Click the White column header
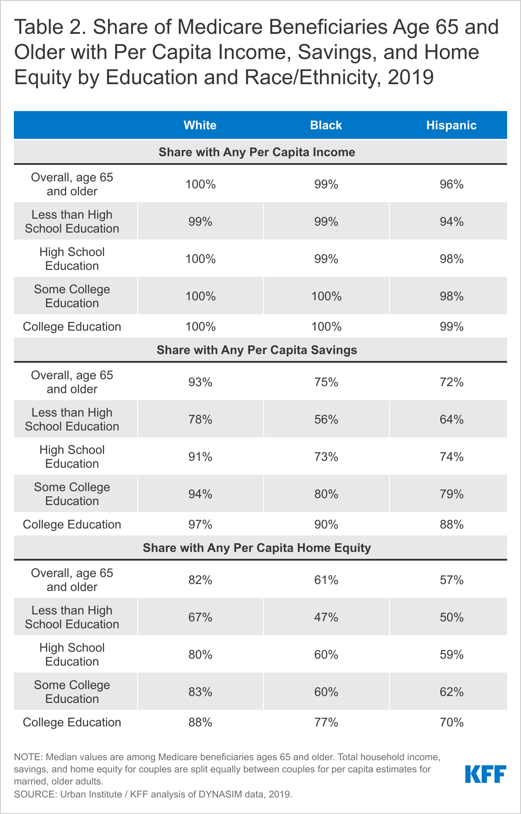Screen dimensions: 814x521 coord(200,125)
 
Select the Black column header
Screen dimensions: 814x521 coord(326,125)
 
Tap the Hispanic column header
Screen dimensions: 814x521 coord(451,125)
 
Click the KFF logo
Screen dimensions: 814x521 coord(485,774)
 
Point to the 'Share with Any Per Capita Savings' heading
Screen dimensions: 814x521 coord(257,350)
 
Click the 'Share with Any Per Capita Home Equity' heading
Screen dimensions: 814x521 coord(257,548)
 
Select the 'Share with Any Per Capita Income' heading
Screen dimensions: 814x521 coord(257,152)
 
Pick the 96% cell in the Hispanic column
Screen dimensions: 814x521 coord(452,184)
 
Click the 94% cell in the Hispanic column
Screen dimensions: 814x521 coord(452,222)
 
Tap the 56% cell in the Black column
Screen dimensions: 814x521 coord(326,420)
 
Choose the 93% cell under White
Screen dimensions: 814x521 coord(200,382)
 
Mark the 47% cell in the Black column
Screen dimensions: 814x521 coord(326,617)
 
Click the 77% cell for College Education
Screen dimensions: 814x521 coord(326,722)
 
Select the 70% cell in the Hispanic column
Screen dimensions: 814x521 coord(452,722)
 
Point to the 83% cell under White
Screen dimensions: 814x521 coord(200,692)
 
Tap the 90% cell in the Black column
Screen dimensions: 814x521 coord(326,525)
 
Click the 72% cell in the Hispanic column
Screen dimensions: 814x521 coord(452,382)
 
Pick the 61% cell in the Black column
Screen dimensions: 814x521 coord(326,580)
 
